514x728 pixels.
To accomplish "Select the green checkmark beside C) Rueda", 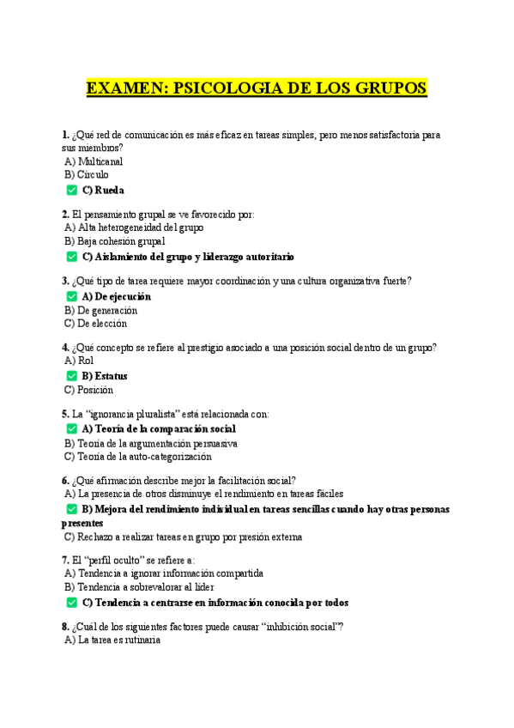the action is click(71, 190).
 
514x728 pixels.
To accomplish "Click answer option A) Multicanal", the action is click(94, 161).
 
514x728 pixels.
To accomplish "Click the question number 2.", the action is click(65, 214).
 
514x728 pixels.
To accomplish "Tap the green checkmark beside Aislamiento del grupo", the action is click(71, 257).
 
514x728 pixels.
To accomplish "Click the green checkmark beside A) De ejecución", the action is click(71, 296).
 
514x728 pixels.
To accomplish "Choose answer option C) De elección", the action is click(95, 324).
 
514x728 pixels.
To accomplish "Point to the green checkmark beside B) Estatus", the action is click(71, 375).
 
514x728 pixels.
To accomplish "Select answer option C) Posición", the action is click(88, 390).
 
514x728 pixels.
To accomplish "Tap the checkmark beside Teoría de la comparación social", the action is click(71, 428).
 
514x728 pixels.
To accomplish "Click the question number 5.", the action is click(65, 414).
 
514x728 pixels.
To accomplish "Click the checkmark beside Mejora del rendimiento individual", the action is click(71, 509).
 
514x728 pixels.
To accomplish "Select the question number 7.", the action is click(65, 560).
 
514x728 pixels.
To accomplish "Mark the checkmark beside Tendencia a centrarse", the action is click(71, 603).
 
